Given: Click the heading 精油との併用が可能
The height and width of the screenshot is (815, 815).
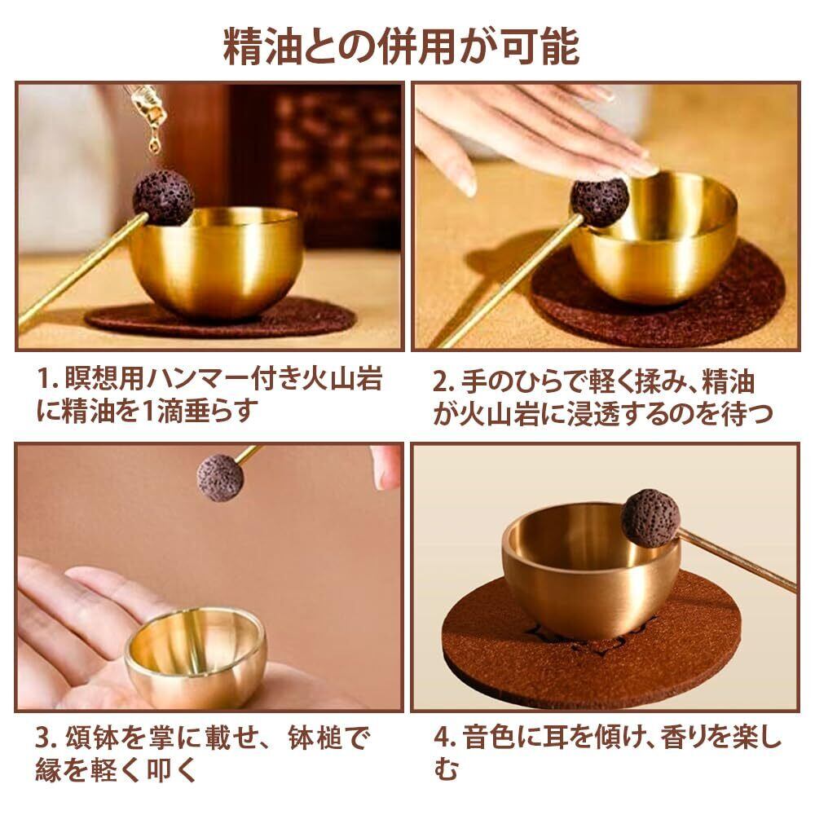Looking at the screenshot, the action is [x=401, y=47].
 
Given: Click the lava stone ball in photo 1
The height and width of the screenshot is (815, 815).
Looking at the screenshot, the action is [x=163, y=197].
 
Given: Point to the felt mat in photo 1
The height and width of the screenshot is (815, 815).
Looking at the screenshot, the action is [x=221, y=318].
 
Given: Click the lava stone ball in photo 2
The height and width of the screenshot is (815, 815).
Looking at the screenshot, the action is [x=599, y=203].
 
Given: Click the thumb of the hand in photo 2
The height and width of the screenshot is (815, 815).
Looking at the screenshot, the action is [x=448, y=159].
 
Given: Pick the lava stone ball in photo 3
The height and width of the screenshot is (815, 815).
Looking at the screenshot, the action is [x=220, y=478].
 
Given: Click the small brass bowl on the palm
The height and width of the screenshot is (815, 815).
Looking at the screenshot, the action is [x=196, y=658].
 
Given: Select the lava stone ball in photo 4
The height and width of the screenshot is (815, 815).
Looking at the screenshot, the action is [x=650, y=518].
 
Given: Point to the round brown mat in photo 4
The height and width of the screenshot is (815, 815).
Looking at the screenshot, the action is [x=591, y=644].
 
